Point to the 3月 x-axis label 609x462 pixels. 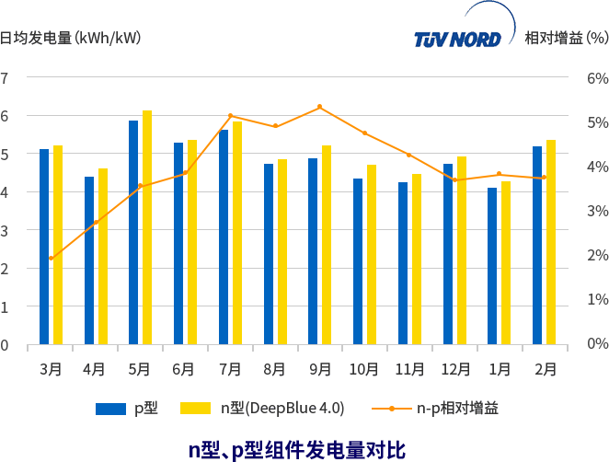(x=51, y=369)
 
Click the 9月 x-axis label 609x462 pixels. (x=320, y=369)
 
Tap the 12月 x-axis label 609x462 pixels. (x=454, y=369)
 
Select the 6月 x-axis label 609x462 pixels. (x=183, y=369)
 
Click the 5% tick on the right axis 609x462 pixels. (x=597, y=122)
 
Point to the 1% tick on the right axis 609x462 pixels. (x=597, y=299)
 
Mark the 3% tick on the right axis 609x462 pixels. (x=597, y=211)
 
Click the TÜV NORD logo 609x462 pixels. (x=458, y=40)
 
